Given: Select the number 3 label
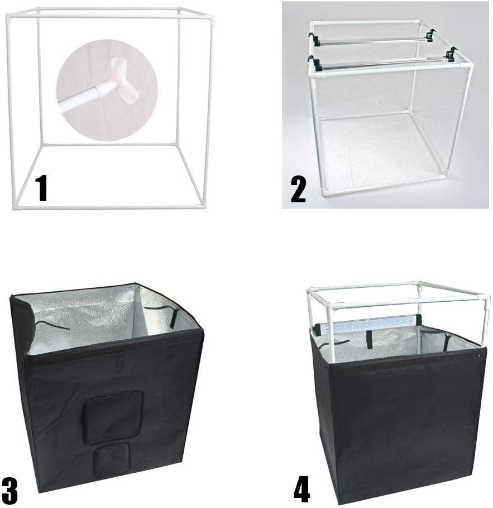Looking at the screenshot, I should point(9,490).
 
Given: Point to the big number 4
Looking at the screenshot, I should point(301,490).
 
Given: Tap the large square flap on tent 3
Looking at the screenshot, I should point(114,416).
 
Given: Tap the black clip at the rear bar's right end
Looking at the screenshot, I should point(429,35).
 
